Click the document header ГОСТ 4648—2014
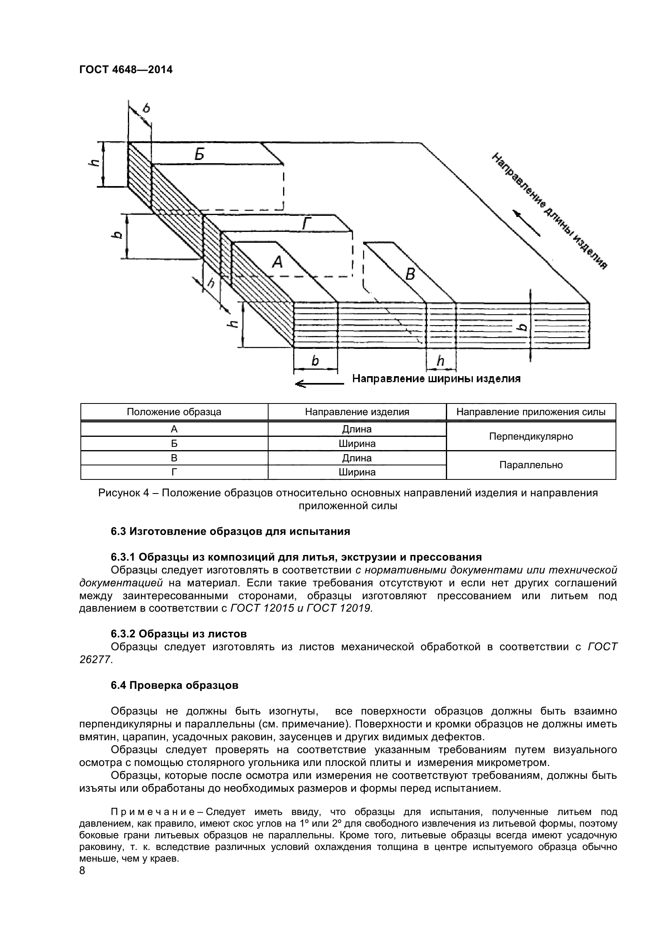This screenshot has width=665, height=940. tap(126, 70)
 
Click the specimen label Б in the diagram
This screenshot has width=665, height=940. tap(199, 155)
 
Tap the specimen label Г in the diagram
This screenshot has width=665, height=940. tap(307, 224)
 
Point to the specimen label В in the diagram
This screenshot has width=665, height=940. tap(410, 274)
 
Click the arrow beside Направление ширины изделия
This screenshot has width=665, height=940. tap(319, 384)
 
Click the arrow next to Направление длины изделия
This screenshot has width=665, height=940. tap(527, 224)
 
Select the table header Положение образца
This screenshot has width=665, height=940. tap(174, 412)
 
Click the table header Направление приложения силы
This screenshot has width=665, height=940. tap(531, 412)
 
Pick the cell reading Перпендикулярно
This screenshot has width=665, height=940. tap(531, 436)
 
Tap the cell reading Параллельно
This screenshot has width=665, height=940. tap(531, 465)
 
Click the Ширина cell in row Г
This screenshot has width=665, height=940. tap(357, 472)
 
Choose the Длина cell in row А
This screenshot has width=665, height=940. tap(357, 429)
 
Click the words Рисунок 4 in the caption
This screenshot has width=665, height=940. tap(124, 493)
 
